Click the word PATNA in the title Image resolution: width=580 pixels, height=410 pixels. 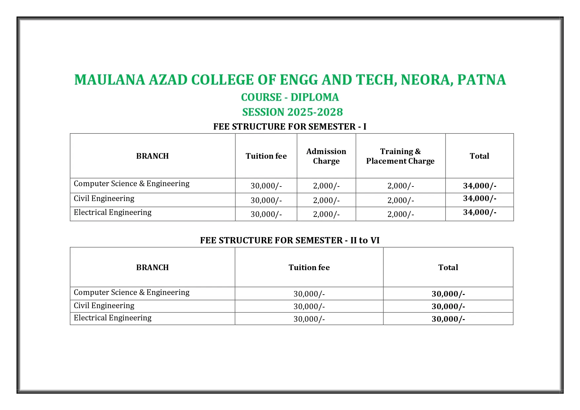point(482,80)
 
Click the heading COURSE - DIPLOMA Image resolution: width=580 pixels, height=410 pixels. point(290,97)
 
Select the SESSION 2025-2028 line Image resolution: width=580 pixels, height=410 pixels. point(292,112)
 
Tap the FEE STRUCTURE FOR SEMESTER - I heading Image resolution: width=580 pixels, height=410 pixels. point(290,127)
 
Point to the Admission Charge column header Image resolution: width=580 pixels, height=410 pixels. point(326,156)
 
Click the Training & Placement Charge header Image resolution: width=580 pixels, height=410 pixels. point(400,156)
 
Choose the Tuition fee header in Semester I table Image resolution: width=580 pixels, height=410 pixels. point(266,156)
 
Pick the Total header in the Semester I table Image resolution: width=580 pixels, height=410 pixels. point(479,156)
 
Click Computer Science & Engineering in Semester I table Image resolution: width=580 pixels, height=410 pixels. point(132,184)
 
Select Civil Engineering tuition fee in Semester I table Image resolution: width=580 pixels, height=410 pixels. point(266,200)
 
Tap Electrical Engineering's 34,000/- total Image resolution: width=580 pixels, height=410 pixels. point(480,212)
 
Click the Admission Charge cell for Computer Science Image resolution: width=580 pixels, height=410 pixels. point(326,186)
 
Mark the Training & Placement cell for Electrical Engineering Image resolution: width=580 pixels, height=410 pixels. point(401,214)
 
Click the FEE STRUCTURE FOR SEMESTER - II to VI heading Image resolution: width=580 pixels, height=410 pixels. point(290,240)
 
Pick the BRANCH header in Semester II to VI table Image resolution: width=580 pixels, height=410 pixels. point(152,267)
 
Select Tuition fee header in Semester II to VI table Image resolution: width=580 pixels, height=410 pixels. point(309,267)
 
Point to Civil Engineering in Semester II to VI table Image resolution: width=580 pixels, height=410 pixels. point(104,306)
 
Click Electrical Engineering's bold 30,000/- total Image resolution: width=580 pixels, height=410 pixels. point(448,319)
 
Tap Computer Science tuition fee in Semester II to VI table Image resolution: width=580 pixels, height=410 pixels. point(309,294)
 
